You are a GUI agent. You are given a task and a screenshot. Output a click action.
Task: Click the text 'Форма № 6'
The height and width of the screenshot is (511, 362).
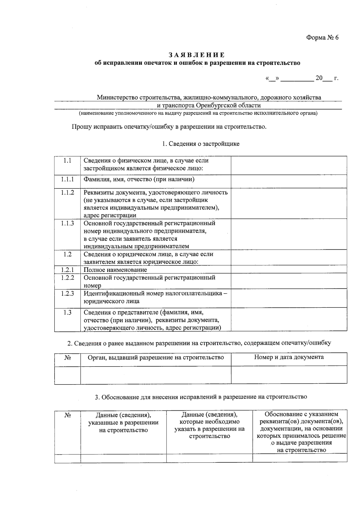coord(322,38)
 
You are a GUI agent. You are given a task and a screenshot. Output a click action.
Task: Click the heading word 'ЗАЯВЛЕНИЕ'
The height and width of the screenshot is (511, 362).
coord(196,55)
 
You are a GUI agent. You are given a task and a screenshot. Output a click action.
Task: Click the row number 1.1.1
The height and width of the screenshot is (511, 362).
coord(67,179)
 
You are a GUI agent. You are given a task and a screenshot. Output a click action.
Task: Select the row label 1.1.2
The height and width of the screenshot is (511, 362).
coord(67,192)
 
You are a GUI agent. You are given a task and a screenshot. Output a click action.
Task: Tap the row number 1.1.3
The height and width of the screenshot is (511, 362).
coord(67,223)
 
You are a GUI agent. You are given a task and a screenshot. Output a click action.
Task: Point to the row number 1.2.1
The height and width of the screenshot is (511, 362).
coord(67,270)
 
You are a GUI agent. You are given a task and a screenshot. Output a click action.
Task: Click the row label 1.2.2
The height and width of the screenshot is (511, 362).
coord(67,278)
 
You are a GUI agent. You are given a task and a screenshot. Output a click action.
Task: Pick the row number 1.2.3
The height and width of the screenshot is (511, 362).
coord(67,293)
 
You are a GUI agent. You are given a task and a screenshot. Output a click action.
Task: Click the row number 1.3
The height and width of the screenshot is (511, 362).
coord(67,313)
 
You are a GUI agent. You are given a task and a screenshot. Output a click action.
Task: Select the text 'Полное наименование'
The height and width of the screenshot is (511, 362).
coord(115,270)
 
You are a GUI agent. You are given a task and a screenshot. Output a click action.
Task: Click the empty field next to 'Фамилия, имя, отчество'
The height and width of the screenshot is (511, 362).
coord(289,182)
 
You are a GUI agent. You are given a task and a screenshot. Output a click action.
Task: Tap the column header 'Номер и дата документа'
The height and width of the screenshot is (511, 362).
coord(289,357)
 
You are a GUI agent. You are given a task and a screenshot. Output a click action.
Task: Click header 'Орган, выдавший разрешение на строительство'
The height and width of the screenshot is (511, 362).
coord(156,357)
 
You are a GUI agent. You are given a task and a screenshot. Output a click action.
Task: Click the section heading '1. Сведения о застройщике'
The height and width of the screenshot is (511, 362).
coord(201,144)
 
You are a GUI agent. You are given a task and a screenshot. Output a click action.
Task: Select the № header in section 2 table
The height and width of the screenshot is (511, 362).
coord(68,357)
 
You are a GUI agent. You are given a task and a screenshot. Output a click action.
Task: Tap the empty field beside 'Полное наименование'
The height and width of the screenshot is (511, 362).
coord(289,269)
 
